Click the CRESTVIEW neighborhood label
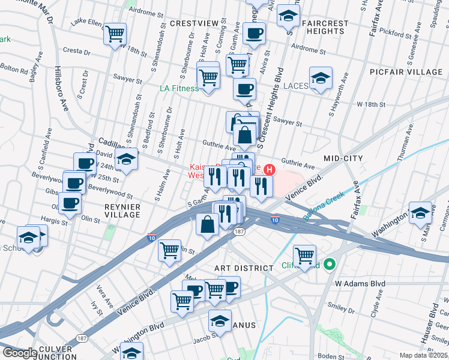194,23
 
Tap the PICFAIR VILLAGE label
414,72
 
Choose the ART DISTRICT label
239,251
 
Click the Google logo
19,353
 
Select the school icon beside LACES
321,78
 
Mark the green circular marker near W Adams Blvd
329,263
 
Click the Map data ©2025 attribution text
423,355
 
